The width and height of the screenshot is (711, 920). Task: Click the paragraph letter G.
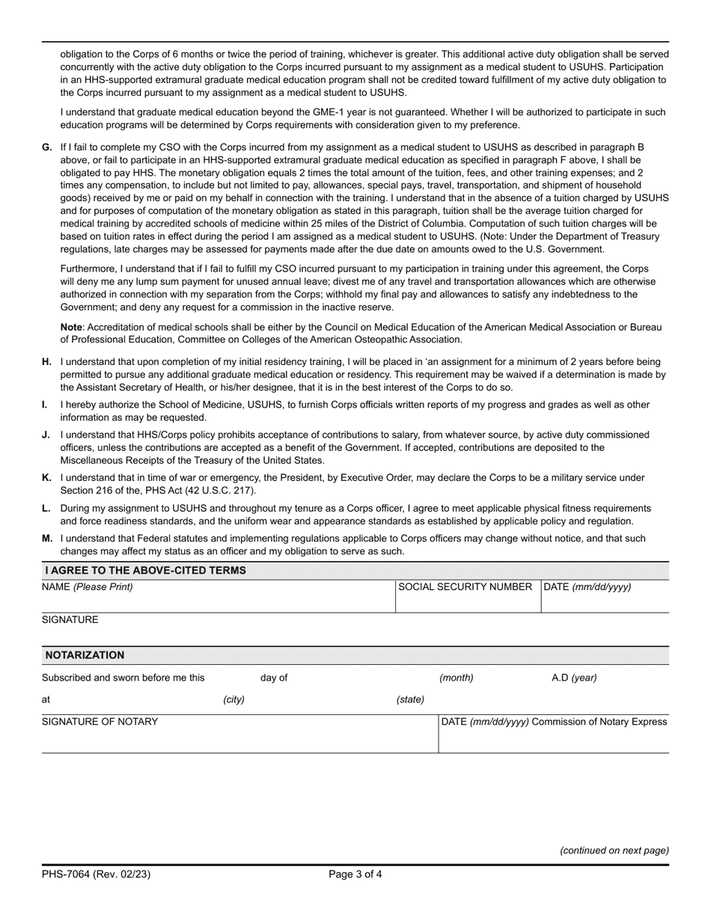coord(47,147)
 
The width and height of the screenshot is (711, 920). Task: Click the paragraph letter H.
coord(47,361)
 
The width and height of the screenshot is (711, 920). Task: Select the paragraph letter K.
coord(46,477)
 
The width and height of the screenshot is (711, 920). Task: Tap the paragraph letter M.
coord(47,539)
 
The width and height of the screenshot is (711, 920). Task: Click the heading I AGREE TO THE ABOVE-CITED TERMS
coord(145,571)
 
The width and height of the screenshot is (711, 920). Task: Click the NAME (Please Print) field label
coord(88,587)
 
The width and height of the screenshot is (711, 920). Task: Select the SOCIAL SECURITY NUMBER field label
coord(465,587)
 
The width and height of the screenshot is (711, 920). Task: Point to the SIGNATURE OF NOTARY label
coord(100,722)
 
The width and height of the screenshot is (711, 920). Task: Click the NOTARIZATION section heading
coord(85,655)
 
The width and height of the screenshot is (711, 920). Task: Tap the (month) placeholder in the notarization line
coord(456,678)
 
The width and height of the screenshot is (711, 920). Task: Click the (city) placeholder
coord(234,700)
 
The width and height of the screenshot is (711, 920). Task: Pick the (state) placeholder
coord(410,700)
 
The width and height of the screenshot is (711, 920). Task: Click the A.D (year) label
coord(574,678)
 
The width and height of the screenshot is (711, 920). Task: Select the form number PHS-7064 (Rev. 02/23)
coord(96,874)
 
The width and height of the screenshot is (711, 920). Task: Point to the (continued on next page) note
coord(614,850)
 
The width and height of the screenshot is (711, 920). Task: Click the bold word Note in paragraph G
coord(71,327)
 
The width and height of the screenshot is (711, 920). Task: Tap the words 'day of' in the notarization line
coord(274,678)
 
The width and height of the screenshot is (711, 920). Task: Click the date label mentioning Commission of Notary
coord(554,722)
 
